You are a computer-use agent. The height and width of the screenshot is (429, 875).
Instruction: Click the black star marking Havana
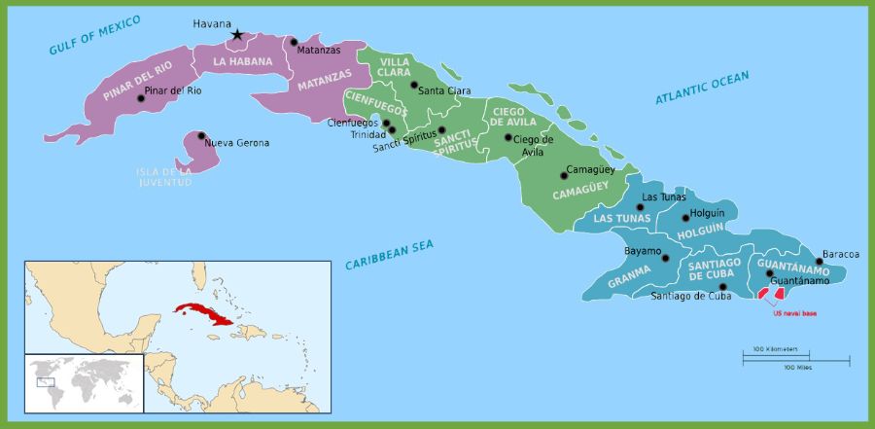click(236, 35)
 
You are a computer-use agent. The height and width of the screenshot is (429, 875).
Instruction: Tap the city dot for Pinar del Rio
click(141, 98)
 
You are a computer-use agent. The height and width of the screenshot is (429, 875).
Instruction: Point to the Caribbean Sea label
click(389, 255)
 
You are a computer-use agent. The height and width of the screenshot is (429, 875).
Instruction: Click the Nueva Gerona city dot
click(201, 136)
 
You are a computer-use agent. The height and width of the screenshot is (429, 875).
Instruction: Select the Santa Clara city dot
click(414, 86)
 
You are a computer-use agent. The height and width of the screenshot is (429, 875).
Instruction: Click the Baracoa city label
click(841, 254)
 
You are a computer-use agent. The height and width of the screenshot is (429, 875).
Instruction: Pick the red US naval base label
click(794, 313)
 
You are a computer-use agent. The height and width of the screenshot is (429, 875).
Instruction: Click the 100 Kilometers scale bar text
click(775, 349)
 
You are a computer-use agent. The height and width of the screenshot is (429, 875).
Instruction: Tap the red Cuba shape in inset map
click(202, 314)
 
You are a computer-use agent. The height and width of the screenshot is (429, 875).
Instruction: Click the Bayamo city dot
click(665, 258)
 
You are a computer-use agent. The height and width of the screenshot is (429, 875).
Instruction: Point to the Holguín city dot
click(685, 218)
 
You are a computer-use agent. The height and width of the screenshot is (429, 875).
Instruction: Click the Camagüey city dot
click(563, 176)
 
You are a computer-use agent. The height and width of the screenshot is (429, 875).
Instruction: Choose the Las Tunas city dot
click(640, 207)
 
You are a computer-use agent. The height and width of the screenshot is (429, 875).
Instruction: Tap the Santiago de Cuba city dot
click(722, 287)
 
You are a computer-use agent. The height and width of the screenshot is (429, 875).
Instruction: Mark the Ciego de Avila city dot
click(507, 137)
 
